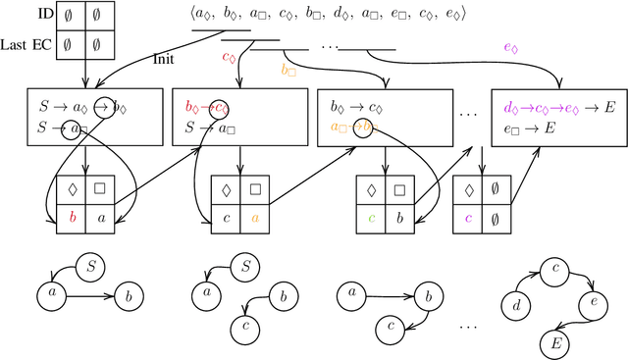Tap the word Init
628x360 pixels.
pos(165,59)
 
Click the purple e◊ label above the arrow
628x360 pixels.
pos(511,47)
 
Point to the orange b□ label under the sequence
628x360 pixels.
pos(289,70)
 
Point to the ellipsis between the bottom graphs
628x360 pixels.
pos(472,325)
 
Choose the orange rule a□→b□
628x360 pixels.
pos(350,128)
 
